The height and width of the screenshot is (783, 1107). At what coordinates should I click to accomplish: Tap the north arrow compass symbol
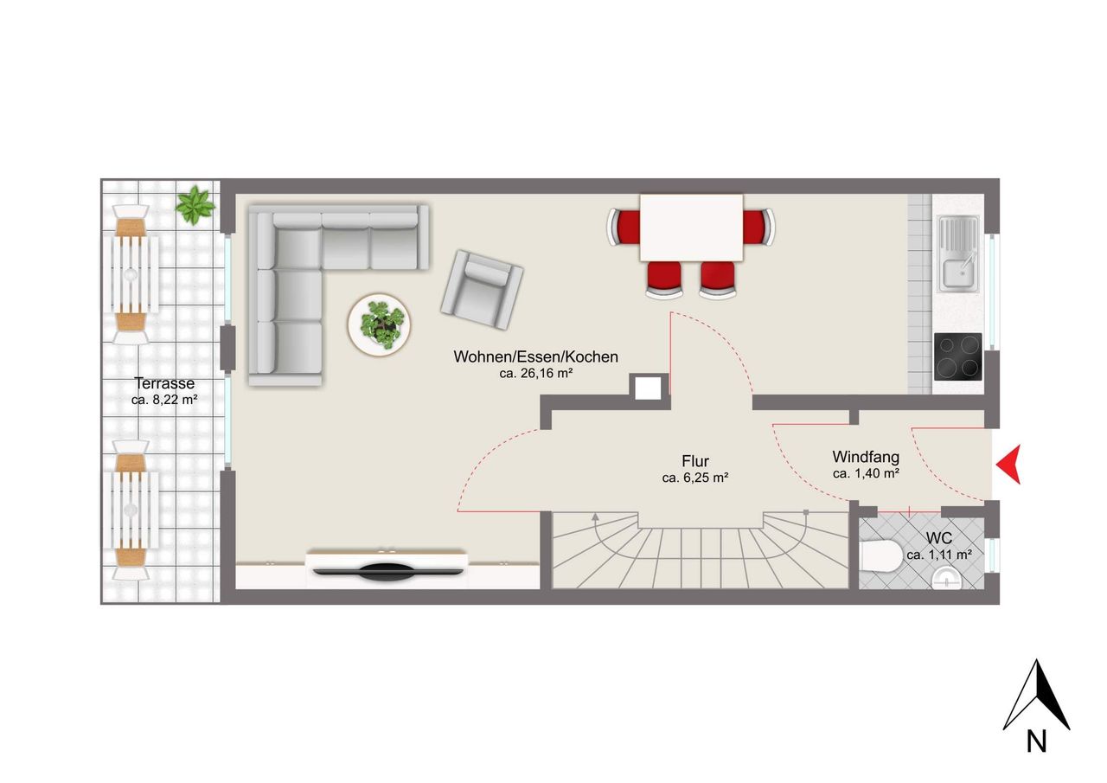pyautogui.click(x=1036, y=702)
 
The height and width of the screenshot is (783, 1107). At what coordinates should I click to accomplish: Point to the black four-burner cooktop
pyautogui.click(x=957, y=356)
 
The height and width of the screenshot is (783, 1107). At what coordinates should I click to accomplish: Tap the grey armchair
pyautogui.click(x=482, y=290)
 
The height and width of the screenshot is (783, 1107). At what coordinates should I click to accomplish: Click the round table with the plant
pyautogui.click(x=379, y=324)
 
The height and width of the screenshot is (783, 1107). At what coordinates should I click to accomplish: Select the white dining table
pyautogui.click(x=691, y=228)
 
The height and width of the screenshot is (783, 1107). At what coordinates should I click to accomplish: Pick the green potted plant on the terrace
pyautogui.click(x=195, y=205)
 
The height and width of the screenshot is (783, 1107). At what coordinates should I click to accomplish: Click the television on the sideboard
pyautogui.click(x=388, y=571)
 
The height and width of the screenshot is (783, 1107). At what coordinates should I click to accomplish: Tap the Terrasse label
pyautogui.click(x=164, y=383)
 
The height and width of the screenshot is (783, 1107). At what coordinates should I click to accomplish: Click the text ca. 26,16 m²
pyautogui.click(x=535, y=373)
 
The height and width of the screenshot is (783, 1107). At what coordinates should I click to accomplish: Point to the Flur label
pyautogui.click(x=695, y=461)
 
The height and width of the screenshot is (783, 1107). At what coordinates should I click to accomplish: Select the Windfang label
pyautogui.click(x=866, y=457)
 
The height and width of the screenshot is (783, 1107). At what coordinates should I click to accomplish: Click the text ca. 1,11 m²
pyautogui.click(x=939, y=555)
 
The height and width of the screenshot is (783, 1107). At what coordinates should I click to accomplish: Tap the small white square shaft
pyautogui.click(x=648, y=388)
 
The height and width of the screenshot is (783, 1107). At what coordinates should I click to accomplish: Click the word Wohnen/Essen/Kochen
pyautogui.click(x=535, y=357)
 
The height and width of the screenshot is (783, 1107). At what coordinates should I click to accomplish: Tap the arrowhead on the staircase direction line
pyautogui.click(x=596, y=517)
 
